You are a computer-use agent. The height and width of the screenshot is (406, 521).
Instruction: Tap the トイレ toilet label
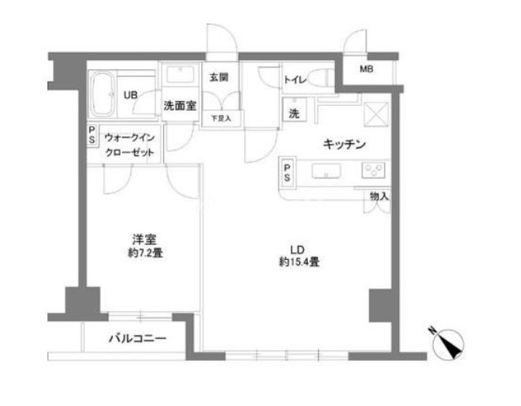pos(294,79)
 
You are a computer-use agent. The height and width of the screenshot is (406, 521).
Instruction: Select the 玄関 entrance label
pos(219,78)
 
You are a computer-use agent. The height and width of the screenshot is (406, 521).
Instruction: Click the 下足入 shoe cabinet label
pos(221,119)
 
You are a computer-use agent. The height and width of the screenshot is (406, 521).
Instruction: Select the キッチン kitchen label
pos(344,144)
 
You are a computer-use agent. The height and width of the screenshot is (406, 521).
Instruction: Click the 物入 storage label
pos(379,197)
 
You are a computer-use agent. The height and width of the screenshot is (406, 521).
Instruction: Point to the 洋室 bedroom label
pos(140,239)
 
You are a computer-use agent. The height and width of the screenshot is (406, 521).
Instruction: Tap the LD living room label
pos(296,249)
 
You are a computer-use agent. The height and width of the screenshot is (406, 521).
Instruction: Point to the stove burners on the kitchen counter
pos(374,170)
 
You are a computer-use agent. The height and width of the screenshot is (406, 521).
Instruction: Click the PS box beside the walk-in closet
pos(92,135)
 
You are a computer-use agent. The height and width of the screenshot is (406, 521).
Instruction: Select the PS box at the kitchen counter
pos(288,170)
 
